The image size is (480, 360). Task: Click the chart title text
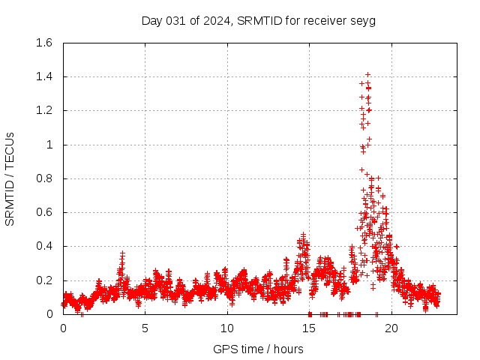click(x=259, y=20)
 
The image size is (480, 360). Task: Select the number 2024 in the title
click(x=217, y=20)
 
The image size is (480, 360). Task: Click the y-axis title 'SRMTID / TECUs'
click(x=10, y=178)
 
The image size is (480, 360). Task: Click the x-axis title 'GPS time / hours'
click(x=258, y=349)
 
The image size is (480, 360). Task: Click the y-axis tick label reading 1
click(x=50, y=145)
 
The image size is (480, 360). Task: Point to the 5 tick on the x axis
click(x=145, y=328)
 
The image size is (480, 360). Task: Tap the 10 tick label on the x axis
click(x=227, y=328)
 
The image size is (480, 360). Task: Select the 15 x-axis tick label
click(x=309, y=328)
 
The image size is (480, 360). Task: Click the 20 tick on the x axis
click(x=391, y=328)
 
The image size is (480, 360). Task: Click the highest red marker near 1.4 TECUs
click(x=367, y=74)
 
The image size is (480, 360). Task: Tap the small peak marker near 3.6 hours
click(x=122, y=253)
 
